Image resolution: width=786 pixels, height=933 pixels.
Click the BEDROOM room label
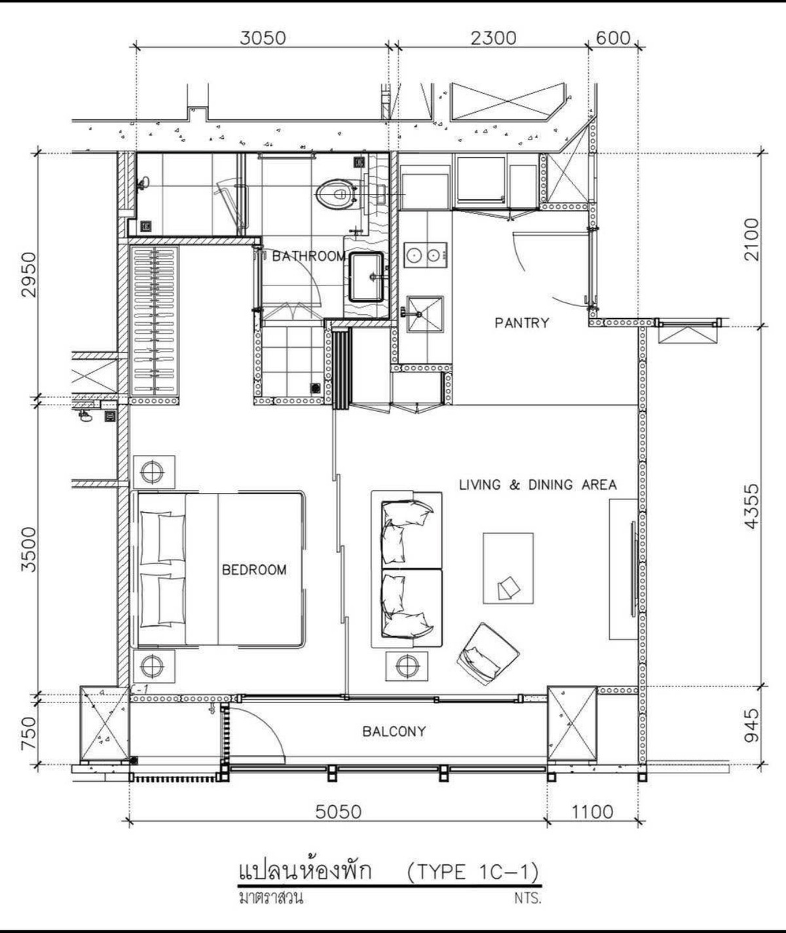point(254,570)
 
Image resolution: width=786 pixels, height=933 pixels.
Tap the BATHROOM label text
point(309,256)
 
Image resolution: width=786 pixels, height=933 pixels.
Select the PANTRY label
point(522,323)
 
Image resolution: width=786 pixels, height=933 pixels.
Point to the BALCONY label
point(394,731)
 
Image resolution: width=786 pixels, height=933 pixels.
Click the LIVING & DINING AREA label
point(538,485)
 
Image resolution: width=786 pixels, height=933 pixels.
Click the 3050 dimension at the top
point(263,39)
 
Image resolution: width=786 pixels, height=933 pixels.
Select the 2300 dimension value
point(493,39)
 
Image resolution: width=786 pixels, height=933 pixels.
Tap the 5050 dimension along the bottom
point(338,812)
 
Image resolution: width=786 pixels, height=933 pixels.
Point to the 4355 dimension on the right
point(753,506)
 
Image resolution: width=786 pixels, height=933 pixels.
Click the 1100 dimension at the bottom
point(592,812)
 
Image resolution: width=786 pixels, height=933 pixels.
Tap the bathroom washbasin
point(365,277)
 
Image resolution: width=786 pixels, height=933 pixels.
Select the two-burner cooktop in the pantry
point(425,255)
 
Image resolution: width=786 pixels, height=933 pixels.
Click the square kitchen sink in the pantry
point(424,314)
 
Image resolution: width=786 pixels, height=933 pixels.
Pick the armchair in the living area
point(488,654)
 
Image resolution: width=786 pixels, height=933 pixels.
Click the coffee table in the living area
point(508,568)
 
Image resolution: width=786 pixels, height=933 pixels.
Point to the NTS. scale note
point(528,898)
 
